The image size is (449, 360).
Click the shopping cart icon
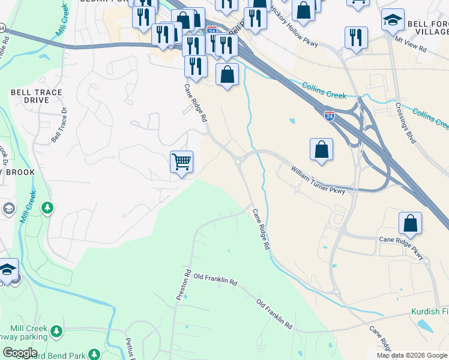181,162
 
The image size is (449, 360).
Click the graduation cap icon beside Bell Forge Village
393,20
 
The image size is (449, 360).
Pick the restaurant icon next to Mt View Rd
356,38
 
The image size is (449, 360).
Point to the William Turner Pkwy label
319,181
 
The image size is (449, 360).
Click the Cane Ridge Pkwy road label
401,247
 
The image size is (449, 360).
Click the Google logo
20,353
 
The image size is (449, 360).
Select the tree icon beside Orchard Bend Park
94,355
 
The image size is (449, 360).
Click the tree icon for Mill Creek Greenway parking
56,331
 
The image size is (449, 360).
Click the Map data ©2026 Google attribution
412,355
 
